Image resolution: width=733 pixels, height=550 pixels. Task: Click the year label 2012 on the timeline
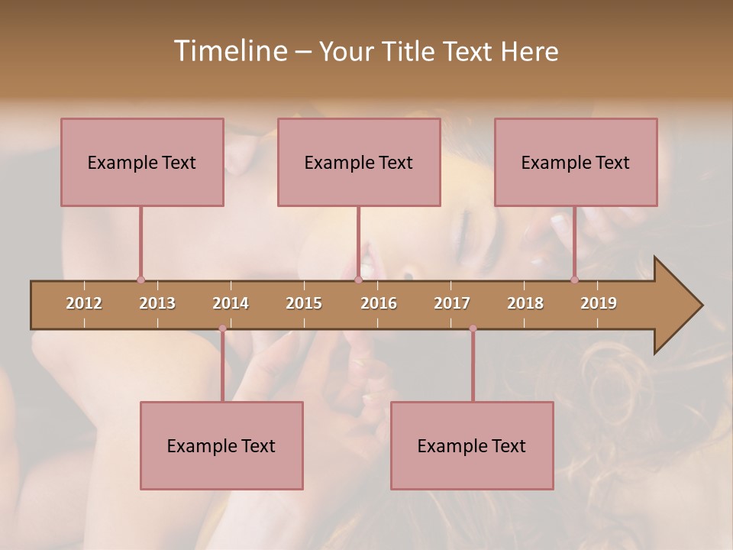click(84, 303)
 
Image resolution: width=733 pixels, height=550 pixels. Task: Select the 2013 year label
click(157, 303)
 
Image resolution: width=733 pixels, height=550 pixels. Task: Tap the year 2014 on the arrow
click(231, 303)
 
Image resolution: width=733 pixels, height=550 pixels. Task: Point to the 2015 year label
click(304, 303)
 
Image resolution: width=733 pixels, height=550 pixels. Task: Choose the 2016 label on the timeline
click(379, 303)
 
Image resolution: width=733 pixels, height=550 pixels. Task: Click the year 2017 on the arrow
click(452, 303)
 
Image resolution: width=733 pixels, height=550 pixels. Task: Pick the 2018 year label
click(525, 303)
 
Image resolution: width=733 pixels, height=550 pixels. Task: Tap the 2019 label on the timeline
click(599, 303)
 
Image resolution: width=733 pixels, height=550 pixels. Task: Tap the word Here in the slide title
click(529, 51)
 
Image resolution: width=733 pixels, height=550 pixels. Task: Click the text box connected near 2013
click(142, 162)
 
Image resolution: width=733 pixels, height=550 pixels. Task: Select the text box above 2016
click(359, 162)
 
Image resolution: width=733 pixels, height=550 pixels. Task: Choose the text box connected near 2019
click(576, 162)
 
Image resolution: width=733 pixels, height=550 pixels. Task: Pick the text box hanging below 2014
click(221, 445)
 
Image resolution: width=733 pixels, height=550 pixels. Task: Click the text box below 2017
click(472, 445)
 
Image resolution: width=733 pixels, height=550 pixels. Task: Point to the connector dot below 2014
click(222, 328)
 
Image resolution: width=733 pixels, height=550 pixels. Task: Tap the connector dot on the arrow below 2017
click(473, 328)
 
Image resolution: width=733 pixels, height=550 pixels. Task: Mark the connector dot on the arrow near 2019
click(575, 280)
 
